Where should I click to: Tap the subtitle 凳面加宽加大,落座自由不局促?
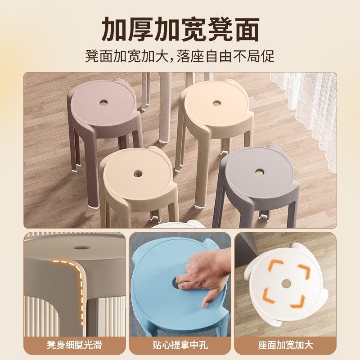[180, 57]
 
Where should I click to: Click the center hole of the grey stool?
[260, 172]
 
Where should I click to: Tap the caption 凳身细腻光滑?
[74, 345]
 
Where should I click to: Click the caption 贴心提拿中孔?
[180, 345]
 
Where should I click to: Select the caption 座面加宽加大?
[285, 345]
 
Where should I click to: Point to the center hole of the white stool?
[285, 283]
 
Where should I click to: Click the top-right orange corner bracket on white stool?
[299, 268]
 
